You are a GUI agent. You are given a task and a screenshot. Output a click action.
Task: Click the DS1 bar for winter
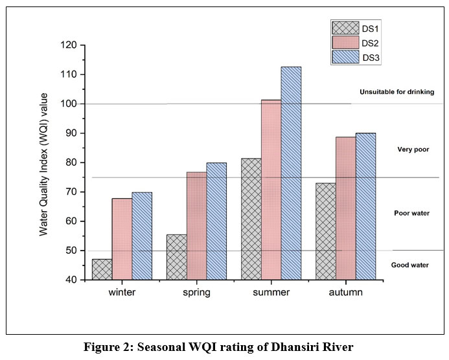click(102, 269)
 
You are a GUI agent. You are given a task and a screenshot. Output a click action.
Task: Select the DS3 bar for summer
click(291, 173)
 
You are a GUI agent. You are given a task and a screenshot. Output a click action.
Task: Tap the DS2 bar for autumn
click(346, 208)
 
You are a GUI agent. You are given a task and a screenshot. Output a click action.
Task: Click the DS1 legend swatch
click(345, 28)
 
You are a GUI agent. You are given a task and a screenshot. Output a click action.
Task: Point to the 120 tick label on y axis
click(67, 45)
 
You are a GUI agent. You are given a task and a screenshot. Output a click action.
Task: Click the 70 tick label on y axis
click(70, 192)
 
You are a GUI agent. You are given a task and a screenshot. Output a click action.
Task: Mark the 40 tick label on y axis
click(70, 280)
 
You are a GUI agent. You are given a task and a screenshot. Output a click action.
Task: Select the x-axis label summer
click(271, 293)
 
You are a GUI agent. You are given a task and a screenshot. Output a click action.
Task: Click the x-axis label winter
click(122, 293)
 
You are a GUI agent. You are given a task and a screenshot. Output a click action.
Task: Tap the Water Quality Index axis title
click(43, 162)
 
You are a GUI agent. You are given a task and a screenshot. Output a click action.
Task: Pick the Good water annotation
click(409, 265)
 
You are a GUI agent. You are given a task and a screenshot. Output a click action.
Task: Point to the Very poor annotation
click(413, 150)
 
